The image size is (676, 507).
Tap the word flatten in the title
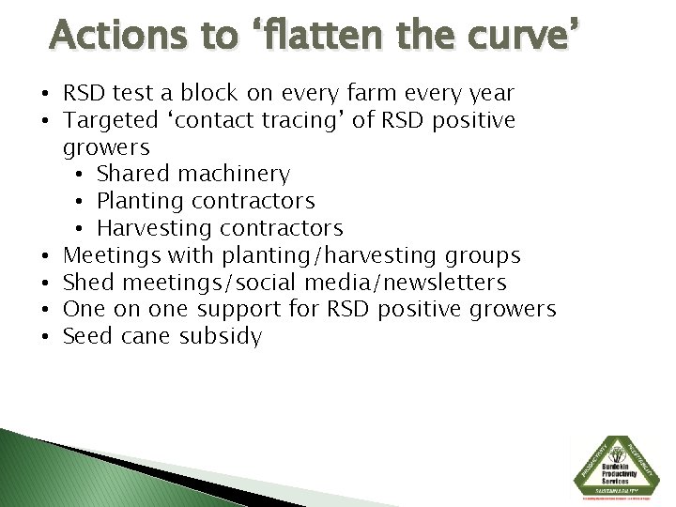tap(334, 36)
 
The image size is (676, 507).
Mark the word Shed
tap(84, 283)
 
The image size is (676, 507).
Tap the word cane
tap(141, 336)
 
